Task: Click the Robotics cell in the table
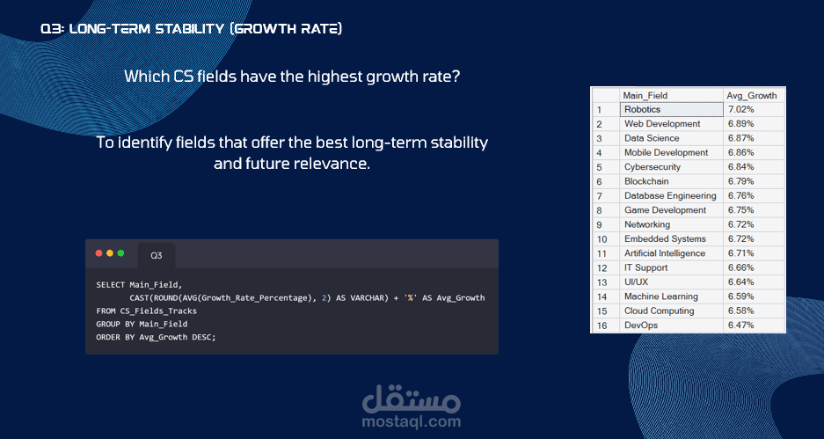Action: coord(672,109)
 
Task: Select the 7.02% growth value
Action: coord(741,109)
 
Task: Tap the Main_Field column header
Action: coord(645,95)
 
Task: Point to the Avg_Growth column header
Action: coord(752,95)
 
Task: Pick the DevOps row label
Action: coord(640,325)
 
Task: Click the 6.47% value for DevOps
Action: coord(741,325)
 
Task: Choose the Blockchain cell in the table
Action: coord(646,181)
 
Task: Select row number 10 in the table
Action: coord(602,239)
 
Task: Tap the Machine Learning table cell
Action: coord(661,296)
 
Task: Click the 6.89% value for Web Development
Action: coord(741,123)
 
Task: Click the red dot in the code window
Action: coord(98,253)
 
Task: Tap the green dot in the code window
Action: coord(120,253)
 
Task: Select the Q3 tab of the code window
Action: coord(156,255)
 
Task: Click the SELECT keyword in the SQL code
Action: coord(110,285)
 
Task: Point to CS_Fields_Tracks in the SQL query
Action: coord(158,311)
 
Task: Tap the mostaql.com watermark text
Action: coord(412,421)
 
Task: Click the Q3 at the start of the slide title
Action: coord(53,28)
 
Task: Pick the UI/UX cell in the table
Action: coord(636,282)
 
